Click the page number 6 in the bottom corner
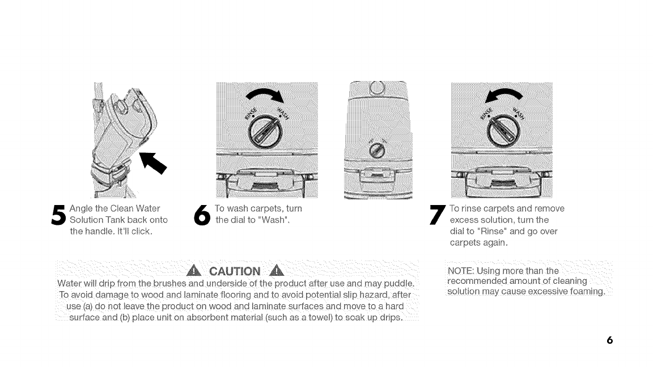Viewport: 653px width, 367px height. (610, 340)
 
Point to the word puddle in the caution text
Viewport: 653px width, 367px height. (398, 283)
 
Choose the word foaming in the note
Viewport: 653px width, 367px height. (584, 292)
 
